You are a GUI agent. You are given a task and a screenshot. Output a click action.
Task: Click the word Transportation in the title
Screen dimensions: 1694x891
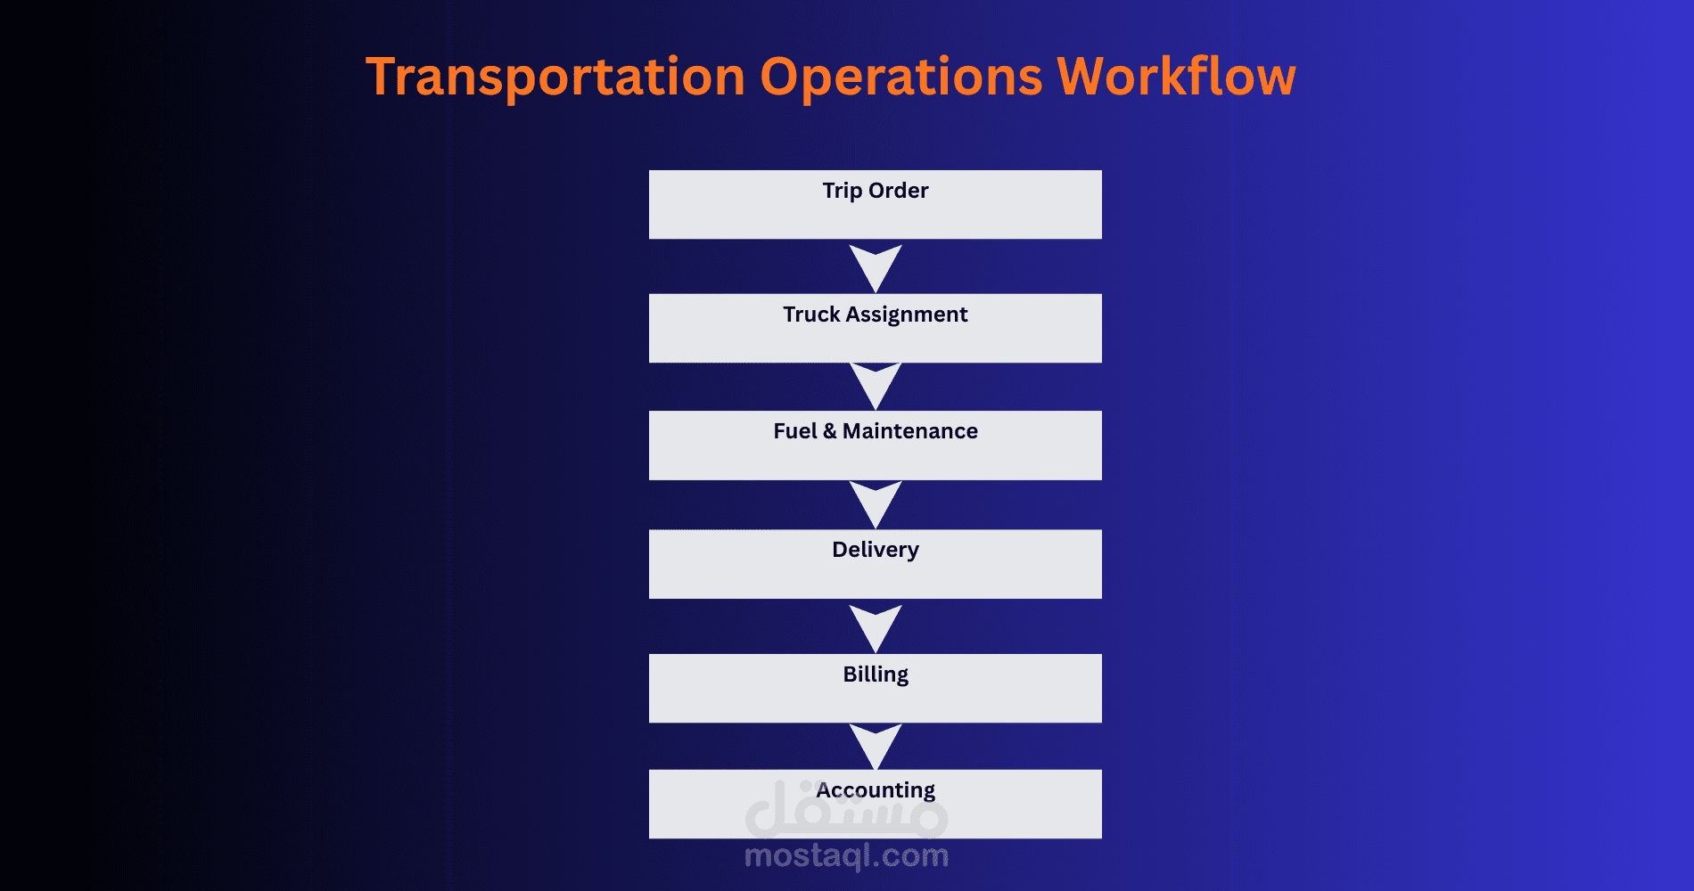pos(555,77)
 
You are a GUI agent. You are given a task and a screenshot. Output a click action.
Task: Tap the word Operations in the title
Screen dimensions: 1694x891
pos(901,77)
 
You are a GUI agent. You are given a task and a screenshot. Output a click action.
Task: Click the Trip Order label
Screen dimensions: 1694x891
pos(876,191)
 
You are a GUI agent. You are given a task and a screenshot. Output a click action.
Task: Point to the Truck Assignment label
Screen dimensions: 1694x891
pos(876,315)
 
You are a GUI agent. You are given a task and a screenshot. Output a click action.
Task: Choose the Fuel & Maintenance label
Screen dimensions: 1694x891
pos(876,431)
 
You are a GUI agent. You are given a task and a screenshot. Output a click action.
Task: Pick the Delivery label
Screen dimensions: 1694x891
pos(876,550)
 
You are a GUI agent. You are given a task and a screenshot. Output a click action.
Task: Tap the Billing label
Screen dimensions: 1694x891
pos(876,674)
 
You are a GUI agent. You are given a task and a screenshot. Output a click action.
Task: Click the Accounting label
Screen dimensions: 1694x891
pos(876,790)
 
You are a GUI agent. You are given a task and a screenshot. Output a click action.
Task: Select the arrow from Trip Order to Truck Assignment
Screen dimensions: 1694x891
pos(876,267)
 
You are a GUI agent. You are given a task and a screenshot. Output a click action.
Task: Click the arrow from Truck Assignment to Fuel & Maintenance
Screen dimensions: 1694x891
pos(876,386)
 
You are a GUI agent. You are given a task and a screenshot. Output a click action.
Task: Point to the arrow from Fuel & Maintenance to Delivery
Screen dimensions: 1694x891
pos(876,504)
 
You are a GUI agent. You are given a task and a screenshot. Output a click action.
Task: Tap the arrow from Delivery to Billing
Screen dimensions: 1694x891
pos(876,628)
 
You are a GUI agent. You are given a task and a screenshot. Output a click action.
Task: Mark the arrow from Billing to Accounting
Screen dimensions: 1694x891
pos(876,747)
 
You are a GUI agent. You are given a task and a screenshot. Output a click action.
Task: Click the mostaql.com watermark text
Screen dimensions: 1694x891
pos(846,856)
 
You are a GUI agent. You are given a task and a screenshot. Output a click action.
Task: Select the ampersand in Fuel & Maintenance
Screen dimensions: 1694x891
pos(829,431)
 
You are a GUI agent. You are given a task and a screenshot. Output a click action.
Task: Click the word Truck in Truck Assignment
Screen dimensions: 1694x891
pos(811,315)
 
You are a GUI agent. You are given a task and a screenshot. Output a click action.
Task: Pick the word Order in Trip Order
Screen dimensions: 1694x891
pos(899,191)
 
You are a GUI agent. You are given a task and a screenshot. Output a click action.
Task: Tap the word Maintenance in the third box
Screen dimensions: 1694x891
pos(910,431)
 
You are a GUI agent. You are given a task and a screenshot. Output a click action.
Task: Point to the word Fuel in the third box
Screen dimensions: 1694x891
pos(795,431)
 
